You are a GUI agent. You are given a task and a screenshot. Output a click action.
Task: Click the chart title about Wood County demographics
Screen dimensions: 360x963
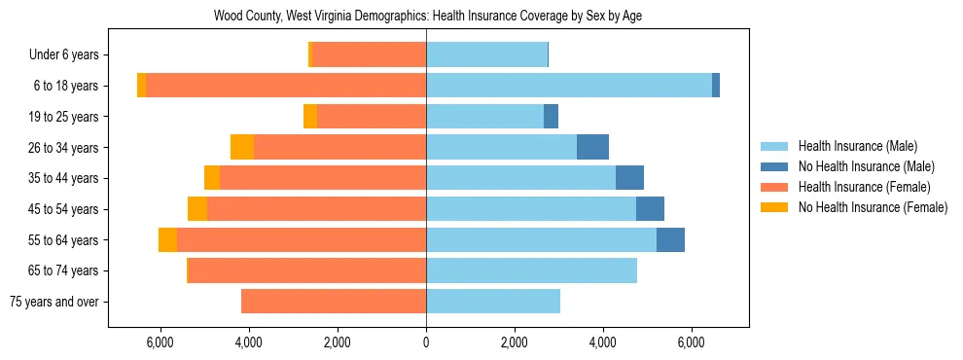pos(427,17)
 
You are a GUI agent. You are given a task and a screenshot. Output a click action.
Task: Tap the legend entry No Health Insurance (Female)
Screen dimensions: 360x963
pos(873,207)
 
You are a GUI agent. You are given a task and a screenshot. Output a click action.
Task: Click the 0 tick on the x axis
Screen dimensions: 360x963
pos(426,342)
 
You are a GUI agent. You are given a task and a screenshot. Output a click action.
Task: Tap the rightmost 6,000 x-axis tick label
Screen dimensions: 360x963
pos(691,342)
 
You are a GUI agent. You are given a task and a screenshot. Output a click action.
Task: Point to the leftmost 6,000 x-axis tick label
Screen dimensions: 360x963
pos(160,342)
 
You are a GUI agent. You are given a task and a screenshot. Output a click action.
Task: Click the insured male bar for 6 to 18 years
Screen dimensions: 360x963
pos(569,86)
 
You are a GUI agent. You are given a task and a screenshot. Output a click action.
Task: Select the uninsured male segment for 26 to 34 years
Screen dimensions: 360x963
pos(592,147)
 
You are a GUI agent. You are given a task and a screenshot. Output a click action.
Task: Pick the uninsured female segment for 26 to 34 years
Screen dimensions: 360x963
pos(242,147)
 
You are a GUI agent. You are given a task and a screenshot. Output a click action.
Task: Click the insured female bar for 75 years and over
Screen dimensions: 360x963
pos(334,302)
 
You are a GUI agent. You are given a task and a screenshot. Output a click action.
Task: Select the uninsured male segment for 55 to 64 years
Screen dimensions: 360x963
pos(670,239)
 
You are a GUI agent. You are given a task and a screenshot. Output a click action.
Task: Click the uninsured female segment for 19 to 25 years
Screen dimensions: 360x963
pos(310,117)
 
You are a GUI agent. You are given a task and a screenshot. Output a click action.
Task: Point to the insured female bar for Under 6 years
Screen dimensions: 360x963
pos(369,55)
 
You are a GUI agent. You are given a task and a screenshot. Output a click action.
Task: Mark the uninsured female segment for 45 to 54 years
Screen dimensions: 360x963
pos(197,209)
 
